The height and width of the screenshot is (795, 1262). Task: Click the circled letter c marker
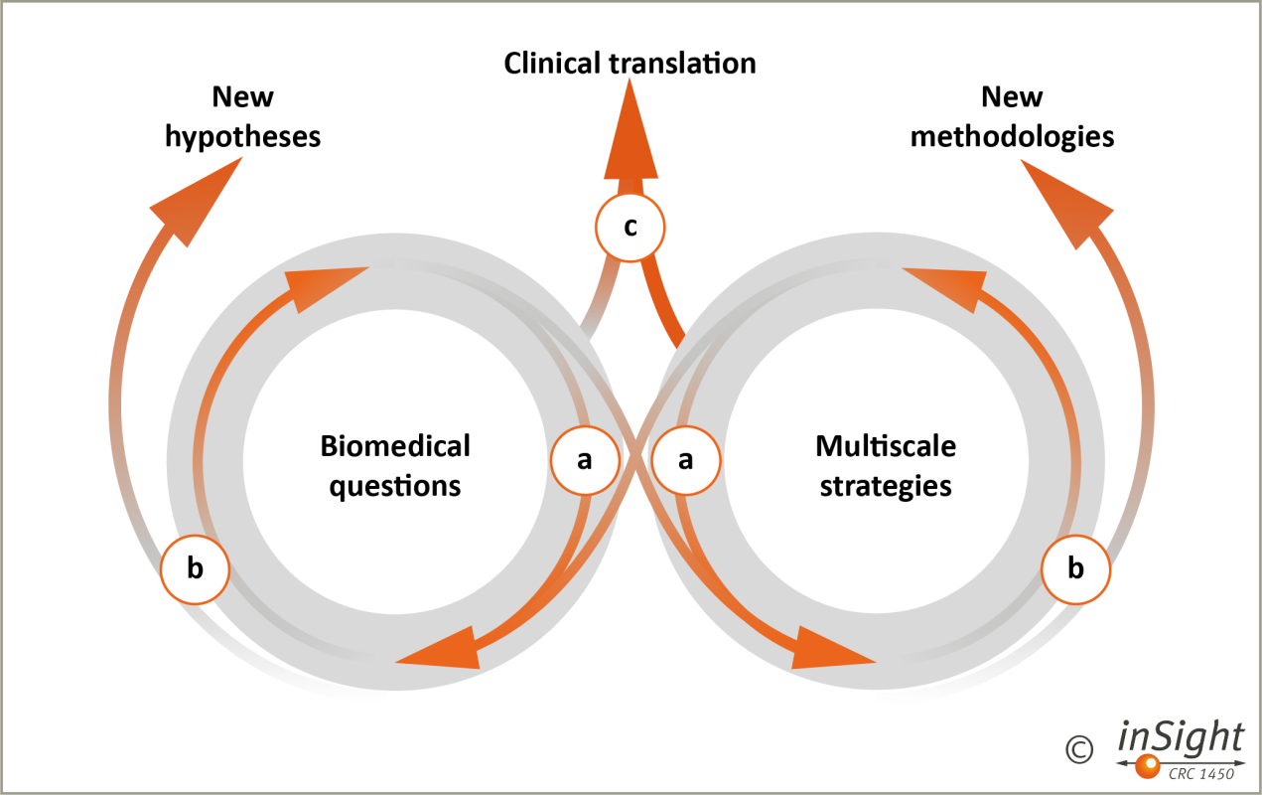(x=630, y=227)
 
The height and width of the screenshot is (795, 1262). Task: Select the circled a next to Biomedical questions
(x=585, y=459)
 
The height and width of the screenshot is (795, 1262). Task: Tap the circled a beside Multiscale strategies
(x=684, y=459)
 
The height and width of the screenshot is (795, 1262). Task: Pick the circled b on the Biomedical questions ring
(x=196, y=569)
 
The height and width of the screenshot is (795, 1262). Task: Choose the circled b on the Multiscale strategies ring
(x=1076, y=569)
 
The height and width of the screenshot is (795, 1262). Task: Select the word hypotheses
(x=243, y=135)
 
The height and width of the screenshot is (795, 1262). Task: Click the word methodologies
(x=1012, y=135)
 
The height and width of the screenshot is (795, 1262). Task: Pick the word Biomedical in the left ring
(x=395, y=446)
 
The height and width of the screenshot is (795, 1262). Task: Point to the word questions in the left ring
(x=395, y=486)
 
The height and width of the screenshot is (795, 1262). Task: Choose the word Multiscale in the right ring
(x=886, y=446)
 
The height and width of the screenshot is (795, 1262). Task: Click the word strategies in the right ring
(x=885, y=486)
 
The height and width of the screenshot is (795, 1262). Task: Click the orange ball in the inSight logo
(x=1148, y=764)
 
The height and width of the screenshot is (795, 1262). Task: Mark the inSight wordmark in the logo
(x=1181, y=737)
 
